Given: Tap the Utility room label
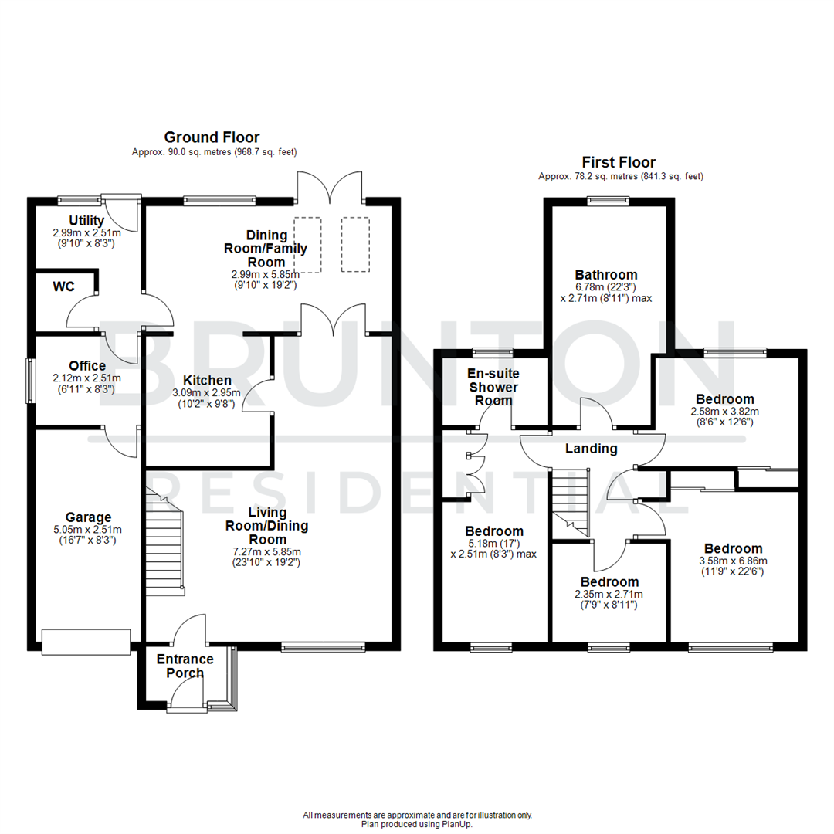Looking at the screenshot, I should point(86,221).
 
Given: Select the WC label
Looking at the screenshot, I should point(63,287).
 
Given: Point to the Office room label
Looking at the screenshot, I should point(86,365).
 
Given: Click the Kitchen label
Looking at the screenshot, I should point(206,380).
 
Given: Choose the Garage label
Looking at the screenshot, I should point(88,517).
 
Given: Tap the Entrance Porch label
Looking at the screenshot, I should point(185,666).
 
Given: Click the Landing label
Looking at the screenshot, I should point(591,449).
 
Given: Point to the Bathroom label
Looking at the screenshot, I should point(606,274).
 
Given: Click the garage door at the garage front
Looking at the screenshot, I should point(86,642).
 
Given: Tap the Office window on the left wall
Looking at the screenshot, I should point(30,380).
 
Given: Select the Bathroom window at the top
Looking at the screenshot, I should point(607,202).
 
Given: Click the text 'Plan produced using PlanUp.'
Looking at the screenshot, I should point(417,824).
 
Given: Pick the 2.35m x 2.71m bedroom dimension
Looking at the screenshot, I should point(609,594).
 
